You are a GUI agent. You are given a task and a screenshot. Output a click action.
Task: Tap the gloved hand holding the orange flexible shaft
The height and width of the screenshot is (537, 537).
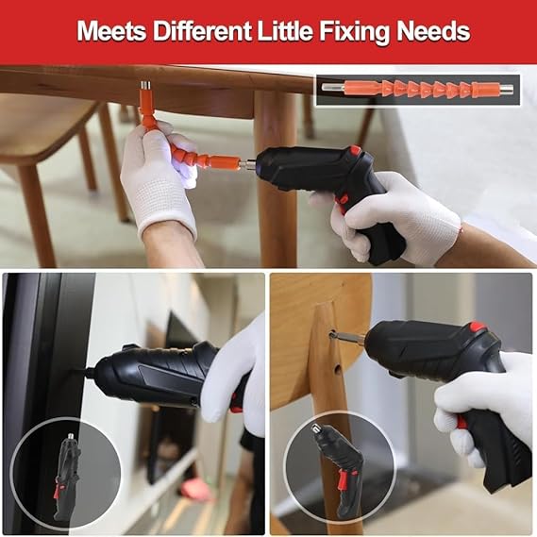(x=159, y=179)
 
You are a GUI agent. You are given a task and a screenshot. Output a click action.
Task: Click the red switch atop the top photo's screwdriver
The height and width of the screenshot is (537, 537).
(x=355, y=150)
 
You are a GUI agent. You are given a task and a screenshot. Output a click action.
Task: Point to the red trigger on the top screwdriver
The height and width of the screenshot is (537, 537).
(x=342, y=200)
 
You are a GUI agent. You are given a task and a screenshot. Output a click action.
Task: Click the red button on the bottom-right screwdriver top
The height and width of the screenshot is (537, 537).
(x=478, y=327)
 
